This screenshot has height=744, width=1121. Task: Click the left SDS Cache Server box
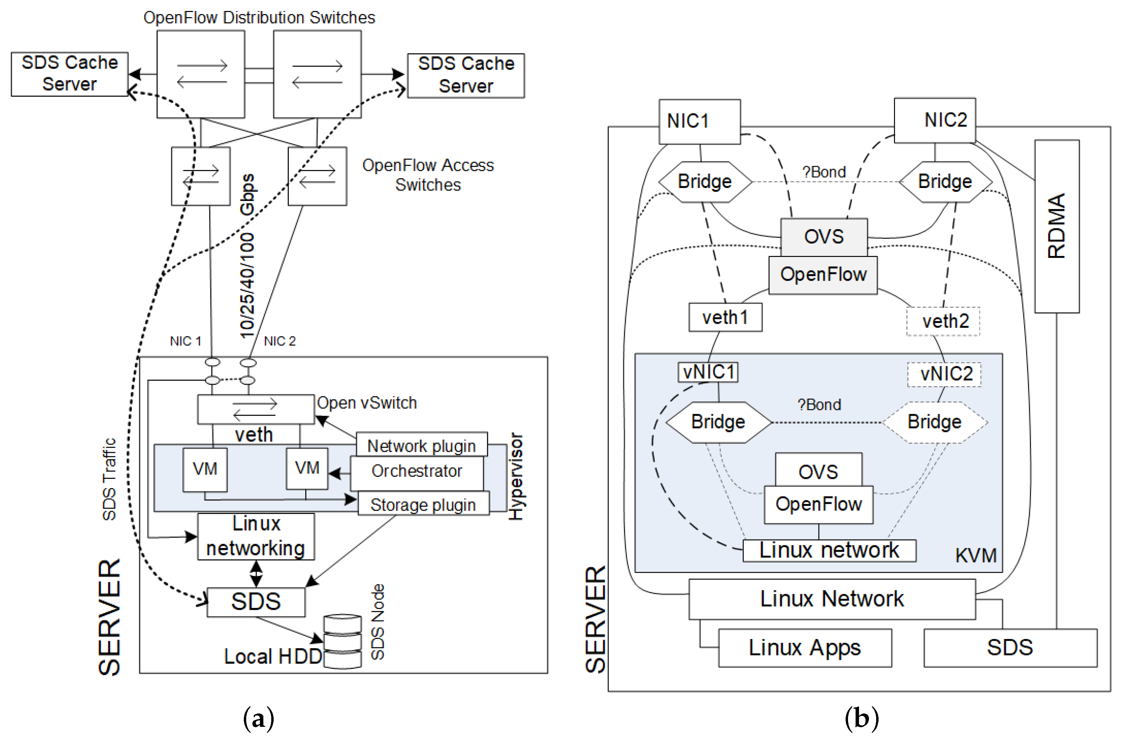click(69, 74)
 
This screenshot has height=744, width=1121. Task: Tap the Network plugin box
click(421, 445)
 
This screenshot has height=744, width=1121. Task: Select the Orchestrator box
click(417, 472)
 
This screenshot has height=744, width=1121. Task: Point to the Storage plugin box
click(423, 504)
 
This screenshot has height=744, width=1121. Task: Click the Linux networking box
click(256, 536)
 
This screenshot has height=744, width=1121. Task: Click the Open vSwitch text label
click(367, 403)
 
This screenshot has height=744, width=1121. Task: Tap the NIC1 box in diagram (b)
click(699, 121)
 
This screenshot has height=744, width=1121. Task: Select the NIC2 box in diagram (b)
click(934, 120)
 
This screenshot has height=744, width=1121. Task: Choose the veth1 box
click(725, 317)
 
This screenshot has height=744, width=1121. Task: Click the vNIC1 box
click(708, 372)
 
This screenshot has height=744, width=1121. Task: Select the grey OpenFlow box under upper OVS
click(823, 275)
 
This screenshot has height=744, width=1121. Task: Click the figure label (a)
click(259, 719)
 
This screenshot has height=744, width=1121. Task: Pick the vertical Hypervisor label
click(516, 476)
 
